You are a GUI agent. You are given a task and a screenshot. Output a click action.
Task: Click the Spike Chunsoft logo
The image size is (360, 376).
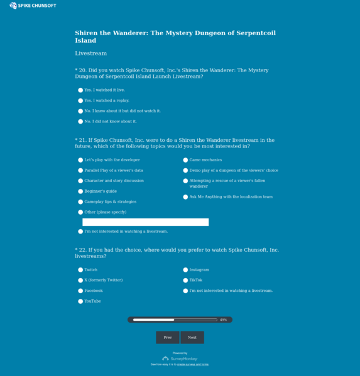[x=33, y=6]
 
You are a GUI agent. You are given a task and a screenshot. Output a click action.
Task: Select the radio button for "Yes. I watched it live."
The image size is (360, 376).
[x=80, y=90]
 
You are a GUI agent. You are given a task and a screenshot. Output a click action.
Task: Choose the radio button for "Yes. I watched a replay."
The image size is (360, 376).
[x=80, y=100]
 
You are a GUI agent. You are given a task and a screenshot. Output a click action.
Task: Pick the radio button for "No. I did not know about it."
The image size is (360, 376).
[x=80, y=122]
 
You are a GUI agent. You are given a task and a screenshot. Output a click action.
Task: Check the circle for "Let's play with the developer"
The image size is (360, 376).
[x=80, y=160]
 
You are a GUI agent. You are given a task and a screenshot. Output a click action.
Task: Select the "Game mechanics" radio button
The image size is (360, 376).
[x=185, y=160]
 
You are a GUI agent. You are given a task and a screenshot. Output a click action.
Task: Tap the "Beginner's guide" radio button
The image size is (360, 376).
[x=80, y=191]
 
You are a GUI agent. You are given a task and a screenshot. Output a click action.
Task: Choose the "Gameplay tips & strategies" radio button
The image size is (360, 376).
[x=80, y=202]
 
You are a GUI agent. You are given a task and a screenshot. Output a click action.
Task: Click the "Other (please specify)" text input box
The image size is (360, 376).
[x=145, y=222]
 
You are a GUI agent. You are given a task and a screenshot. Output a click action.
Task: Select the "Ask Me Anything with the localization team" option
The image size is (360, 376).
[x=185, y=197]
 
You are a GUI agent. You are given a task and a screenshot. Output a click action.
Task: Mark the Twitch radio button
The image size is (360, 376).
[x=80, y=270]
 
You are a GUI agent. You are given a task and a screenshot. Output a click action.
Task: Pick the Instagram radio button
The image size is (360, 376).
[x=185, y=270]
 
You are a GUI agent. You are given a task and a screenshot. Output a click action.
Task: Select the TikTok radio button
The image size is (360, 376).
[x=185, y=281]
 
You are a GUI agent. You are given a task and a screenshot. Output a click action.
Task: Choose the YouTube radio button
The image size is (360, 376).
[x=80, y=301]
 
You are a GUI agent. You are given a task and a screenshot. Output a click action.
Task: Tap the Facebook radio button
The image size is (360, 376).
[x=80, y=291]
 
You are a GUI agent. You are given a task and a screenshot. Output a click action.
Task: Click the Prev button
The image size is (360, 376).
[x=167, y=338]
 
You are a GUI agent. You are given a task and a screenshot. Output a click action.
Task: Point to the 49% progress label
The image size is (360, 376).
[x=223, y=320]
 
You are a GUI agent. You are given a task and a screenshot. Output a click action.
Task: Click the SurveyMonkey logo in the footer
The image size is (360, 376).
[x=180, y=358]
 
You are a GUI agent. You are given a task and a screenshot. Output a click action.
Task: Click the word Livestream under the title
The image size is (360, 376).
[x=90, y=54]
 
